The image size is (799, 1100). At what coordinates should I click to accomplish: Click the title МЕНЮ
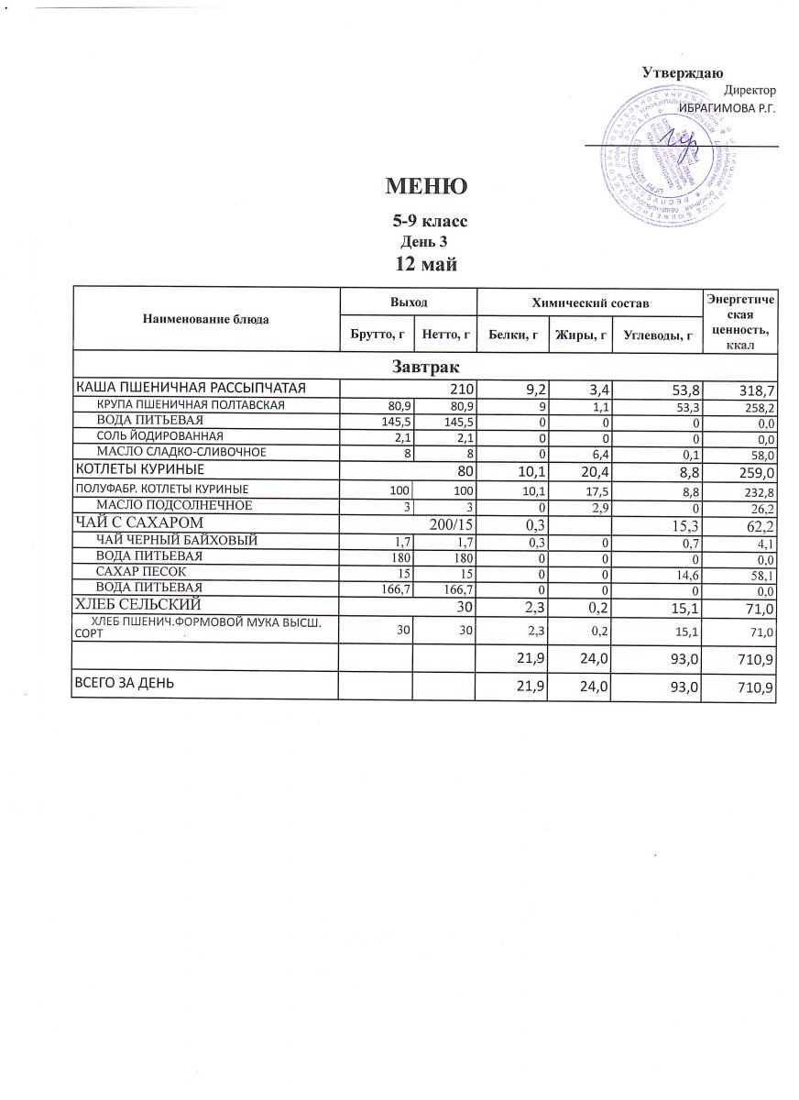(426, 186)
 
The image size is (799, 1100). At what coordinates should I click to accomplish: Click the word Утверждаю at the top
(682, 72)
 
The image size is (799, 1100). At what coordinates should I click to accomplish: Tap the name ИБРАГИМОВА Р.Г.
(727, 108)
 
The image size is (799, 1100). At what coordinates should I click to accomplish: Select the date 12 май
(426, 264)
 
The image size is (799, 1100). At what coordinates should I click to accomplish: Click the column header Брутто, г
(377, 335)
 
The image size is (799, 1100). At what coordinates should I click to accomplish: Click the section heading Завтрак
(424, 366)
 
